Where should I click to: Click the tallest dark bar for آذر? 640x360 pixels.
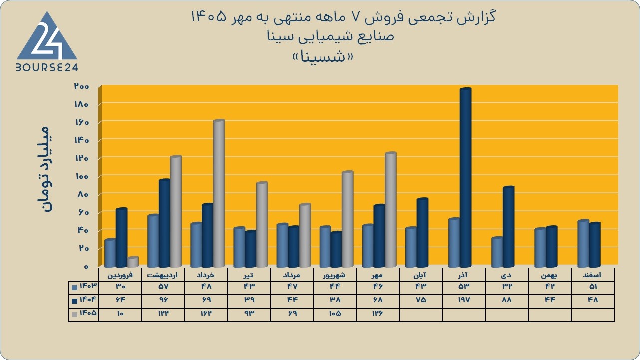(x=465, y=178)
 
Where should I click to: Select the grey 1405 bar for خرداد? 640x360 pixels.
(x=219, y=194)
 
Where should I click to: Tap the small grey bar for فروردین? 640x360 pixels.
(x=133, y=262)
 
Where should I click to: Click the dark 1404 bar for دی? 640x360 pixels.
(x=509, y=227)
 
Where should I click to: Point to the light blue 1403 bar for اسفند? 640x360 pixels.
(x=583, y=244)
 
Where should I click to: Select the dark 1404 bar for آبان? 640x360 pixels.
(x=422, y=233)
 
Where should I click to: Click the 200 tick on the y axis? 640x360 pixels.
(x=82, y=86)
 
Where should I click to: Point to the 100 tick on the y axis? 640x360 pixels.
(x=82, y=176)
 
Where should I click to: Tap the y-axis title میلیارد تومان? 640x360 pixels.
(x=45, y=169)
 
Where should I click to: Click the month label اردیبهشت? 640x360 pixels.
(x=162, y=275)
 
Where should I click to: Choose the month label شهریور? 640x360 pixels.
(x=334, y=275)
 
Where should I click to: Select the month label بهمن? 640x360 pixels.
(x=549, y=275)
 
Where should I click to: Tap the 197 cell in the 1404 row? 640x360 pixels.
(x=464, y=300)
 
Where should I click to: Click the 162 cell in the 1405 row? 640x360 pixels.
(x=206, y=313)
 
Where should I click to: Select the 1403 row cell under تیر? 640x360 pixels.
(x=249, y=286)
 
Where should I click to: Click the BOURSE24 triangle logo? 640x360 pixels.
(x=47, y=41)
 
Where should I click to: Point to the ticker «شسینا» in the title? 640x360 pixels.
(x=323, y=57)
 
